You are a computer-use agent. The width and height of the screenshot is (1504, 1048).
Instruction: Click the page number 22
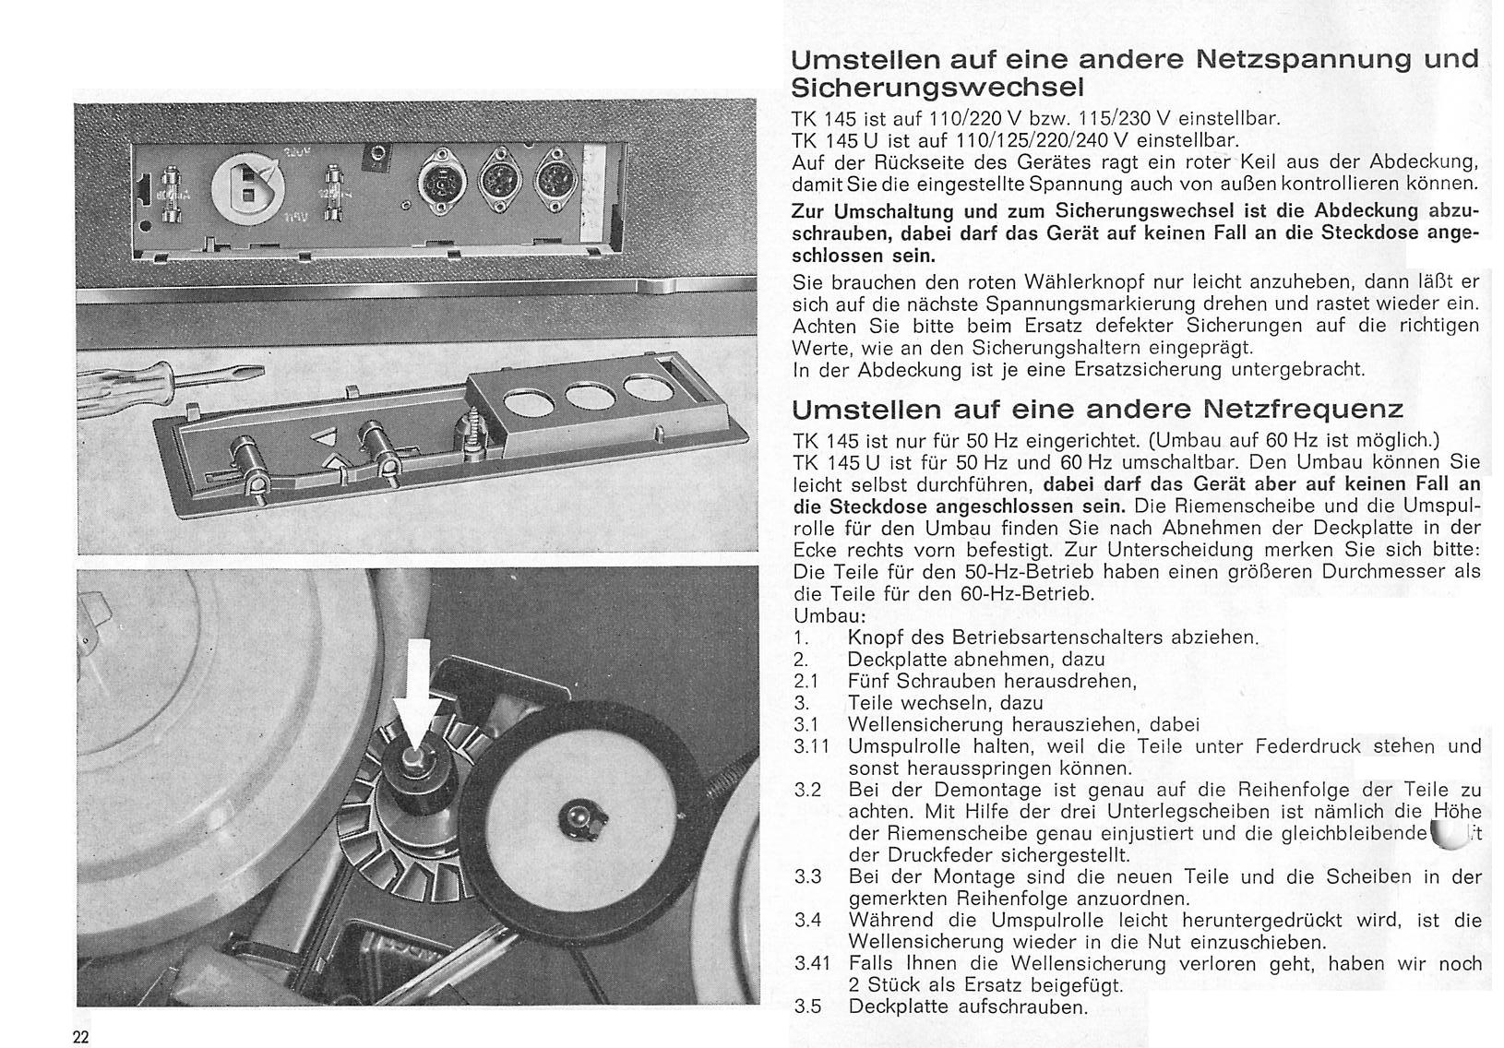point(80,1037)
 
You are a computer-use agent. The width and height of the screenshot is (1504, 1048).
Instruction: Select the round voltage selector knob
point(248,190)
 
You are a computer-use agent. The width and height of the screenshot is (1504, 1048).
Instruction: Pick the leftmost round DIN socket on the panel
point(441,184)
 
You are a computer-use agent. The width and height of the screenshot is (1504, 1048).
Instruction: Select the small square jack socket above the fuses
point(377,160)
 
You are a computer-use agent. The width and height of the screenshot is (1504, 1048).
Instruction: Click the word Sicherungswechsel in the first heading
point(938,88)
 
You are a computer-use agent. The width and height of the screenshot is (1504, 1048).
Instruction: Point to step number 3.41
point(812,964)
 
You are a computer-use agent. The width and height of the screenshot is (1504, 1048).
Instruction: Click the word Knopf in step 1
point(876,637)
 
